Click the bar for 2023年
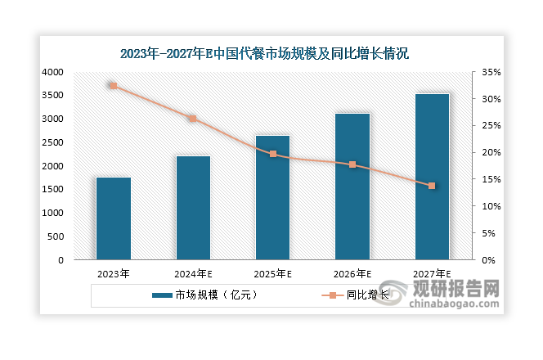(113, 218)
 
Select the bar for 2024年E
(193, 208)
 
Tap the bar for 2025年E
(273, 197)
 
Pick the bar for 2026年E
(352, 187)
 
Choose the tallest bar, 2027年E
(432, 177)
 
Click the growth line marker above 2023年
(113, 86)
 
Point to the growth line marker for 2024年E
(193, 119)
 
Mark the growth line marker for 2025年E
(273, 154)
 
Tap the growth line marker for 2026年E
(352, 164)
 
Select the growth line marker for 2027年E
(432, 186)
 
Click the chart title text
(263, 54)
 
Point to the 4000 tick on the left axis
(52, 72)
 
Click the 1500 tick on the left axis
(52, 190)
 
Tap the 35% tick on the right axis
(490, 72)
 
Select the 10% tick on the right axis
(490, 206)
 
